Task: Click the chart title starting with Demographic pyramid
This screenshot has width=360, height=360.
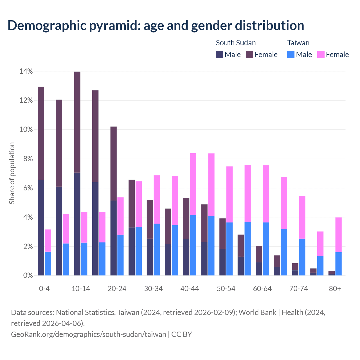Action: tap(156, 25)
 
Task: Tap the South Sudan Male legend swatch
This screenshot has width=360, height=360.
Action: tap(220, 55)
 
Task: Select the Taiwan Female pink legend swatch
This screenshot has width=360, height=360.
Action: tap(321, 55)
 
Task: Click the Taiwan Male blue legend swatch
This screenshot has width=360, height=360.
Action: tap(291, 55)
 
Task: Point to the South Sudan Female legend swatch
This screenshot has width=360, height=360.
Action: tap(250, 55)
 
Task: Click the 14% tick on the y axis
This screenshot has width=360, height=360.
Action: tap(26, 71)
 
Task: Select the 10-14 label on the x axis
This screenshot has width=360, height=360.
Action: tap(81, 289)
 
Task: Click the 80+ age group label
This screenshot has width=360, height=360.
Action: tap(335, 289)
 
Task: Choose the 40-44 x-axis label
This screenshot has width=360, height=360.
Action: tap(190, 289)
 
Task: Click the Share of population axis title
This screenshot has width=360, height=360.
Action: tap(12, 173)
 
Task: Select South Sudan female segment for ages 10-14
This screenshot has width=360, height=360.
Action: tap(77, 122)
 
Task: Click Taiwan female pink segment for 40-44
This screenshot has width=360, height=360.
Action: tap(193, 184)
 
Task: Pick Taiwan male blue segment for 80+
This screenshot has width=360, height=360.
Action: tap(338, 264)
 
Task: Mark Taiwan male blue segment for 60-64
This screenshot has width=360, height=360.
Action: tap(266, 249)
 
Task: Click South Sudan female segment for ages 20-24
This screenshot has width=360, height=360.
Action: tap(113, 164)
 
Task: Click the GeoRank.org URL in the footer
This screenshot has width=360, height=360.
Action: tap(89, 334)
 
